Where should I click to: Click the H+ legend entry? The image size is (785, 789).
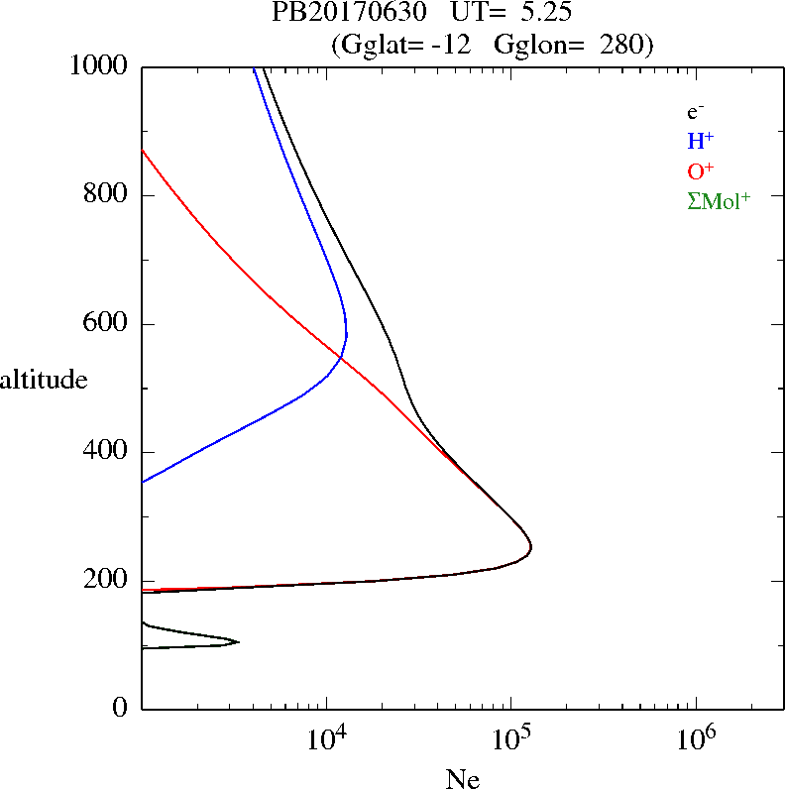coord(700,142)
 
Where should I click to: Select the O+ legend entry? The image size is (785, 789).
coord(701,171)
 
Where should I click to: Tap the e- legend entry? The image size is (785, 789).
coord(697,112)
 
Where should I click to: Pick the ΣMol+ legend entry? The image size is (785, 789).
coord(719,201)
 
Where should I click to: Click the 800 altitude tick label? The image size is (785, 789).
coord(108,195)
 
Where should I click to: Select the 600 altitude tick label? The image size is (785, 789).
coord(108,324)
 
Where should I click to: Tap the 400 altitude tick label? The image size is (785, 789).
coord(108,452)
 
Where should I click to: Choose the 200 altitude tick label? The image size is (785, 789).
coord(108,581)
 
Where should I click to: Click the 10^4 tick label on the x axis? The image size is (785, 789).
coord(327,737)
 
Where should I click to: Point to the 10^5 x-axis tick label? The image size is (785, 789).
coord(510,737)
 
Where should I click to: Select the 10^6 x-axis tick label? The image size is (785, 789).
coord(695,737)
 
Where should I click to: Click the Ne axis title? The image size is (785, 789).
coord(462,779)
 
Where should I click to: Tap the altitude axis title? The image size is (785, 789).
coord(44,379)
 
